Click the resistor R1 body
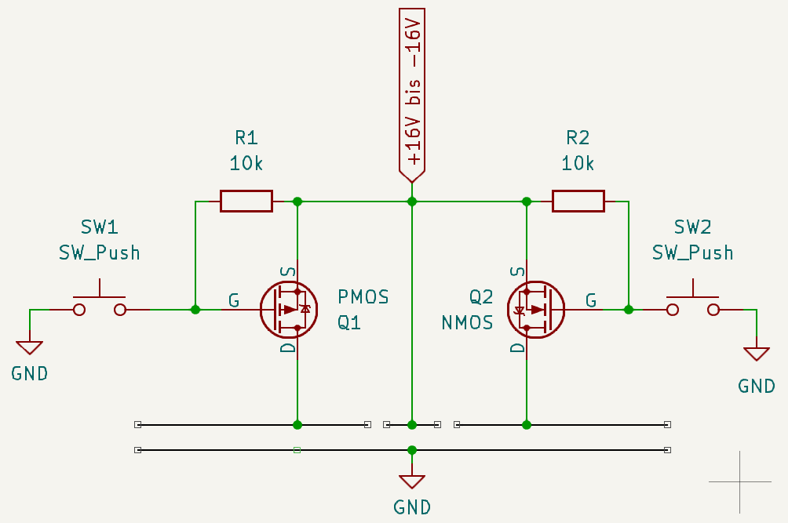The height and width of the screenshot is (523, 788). pos(246,201)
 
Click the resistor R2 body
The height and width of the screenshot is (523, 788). pos(578,201)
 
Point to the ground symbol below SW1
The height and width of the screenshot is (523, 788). pos(30,347)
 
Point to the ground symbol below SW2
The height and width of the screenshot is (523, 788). pos(757,354)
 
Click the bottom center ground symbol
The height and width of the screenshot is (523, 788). pos(412,481)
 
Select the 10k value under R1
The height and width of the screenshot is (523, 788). pos(246,164)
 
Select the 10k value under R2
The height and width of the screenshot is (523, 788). pos(578,164)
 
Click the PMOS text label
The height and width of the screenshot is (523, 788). pos(363,296)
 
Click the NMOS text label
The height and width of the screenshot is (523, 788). pos(467,322)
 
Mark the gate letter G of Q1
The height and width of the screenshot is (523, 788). pos(234,300)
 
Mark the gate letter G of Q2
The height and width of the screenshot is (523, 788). pos(591,300)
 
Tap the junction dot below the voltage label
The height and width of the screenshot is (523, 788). pos(412,202)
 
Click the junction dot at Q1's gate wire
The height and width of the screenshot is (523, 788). pos(195,310)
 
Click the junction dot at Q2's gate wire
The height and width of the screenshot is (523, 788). pos(629,310)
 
